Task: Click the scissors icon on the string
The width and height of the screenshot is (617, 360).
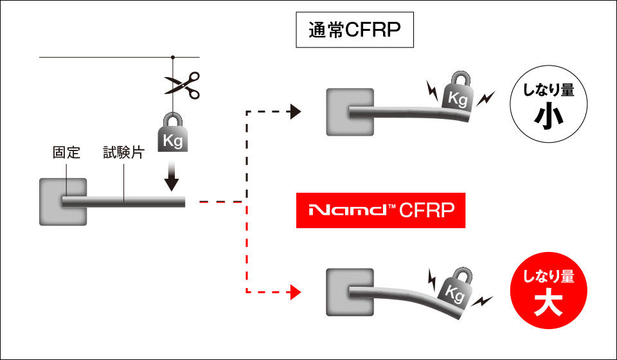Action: pyautogui.click(x=182, y=85)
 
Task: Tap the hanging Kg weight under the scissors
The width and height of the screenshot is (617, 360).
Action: pyautogui.click(x=174, y=134)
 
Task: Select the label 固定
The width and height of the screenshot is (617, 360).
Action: pyautogui.click(x=66, y=153)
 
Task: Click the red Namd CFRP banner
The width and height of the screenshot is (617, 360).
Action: pyautogui.click(x=380, y=210)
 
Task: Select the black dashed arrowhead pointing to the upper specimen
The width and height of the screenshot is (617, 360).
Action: pyautogui.click(x=296, y=112)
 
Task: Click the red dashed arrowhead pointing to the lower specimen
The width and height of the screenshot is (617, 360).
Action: pyautogui.click(x=296, y=292)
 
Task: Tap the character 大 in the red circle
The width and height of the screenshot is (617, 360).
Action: pyautogui.click(x=548, y=303)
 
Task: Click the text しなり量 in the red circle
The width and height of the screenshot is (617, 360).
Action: pyautogui.click(x=548, y=277)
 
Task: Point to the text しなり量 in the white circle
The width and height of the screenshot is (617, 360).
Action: pyautogui.click(x=548, y=91)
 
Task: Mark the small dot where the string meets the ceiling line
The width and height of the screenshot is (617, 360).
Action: pyautogui.click(x=173, y=57)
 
